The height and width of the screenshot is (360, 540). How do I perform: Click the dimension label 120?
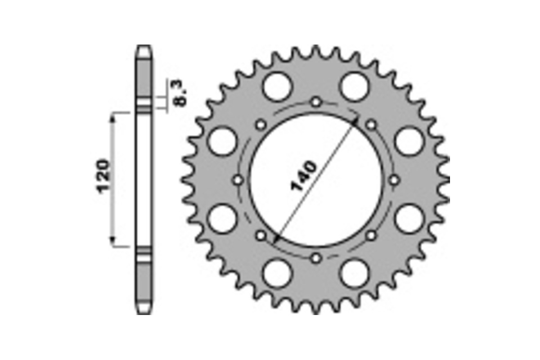click(x=103, y=175)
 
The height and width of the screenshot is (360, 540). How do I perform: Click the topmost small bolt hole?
click(x=316, y=102)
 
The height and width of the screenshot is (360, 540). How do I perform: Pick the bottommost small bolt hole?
click(x=316, y=258)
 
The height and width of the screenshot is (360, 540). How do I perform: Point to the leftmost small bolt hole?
click(x=238, y=180)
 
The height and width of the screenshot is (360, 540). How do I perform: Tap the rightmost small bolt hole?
click(x=394, y=180)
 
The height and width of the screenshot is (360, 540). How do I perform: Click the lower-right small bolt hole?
click(x=372, y=235)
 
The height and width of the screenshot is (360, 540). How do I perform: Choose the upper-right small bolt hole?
click(x=372, y=125)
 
